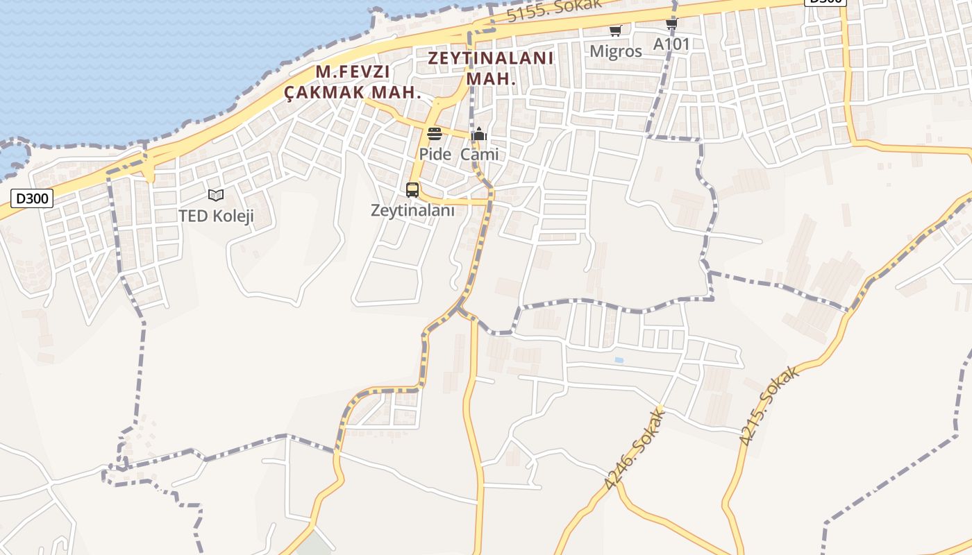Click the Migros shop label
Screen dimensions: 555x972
coord(616,51)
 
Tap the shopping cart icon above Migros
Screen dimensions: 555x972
coord(615,30)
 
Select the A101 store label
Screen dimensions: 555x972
coord(671,44)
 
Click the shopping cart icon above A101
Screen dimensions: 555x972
coord(671,24)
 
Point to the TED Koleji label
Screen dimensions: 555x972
coord(216,216)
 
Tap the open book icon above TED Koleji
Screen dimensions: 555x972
coord(216,196)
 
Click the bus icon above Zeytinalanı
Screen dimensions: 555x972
coord(412,190)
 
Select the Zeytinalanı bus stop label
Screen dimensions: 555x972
coord(412,210)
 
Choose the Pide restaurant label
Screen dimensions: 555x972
coord(435,154)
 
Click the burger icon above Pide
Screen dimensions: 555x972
coord(435,134)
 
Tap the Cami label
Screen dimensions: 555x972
coord(479,154)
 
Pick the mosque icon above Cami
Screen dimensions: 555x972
coord(478,134)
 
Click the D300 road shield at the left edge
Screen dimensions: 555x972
coord(32,199)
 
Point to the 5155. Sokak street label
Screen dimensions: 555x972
coord(553,9)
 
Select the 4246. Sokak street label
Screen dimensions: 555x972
coord(635,450)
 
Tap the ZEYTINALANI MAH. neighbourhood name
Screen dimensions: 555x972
coord(491,68)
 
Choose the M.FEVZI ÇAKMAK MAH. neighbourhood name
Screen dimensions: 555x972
coord(353,82)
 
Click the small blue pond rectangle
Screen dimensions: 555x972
coord(619,360)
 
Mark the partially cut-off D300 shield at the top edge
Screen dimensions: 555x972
coord(825,2)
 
